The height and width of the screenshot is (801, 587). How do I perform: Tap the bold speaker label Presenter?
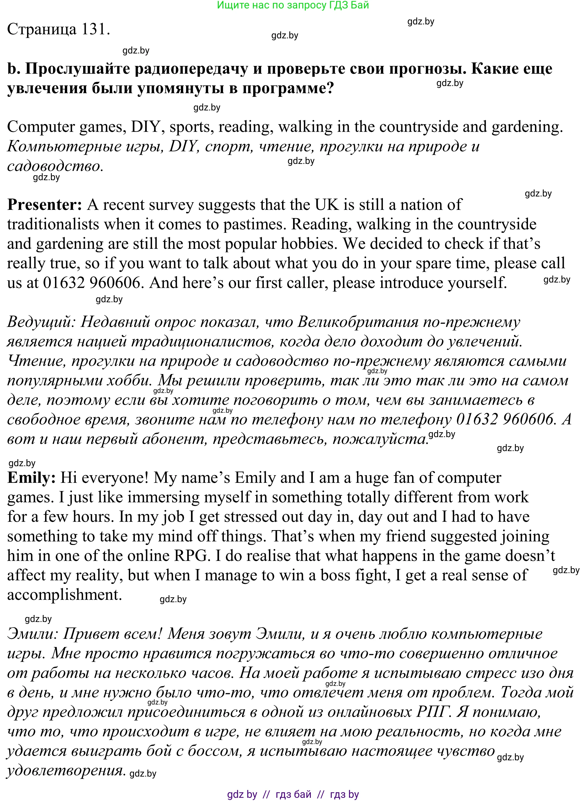click(45, 205)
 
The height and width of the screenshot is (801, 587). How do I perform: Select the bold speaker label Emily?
click(31, 478)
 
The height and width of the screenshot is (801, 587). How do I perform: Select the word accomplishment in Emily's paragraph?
click(65, 595)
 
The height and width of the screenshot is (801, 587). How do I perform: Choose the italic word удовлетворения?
click(66, 771)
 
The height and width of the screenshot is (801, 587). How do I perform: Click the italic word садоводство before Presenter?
click(54, 166)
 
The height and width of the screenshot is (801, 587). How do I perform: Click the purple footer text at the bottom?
click(293, 794)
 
